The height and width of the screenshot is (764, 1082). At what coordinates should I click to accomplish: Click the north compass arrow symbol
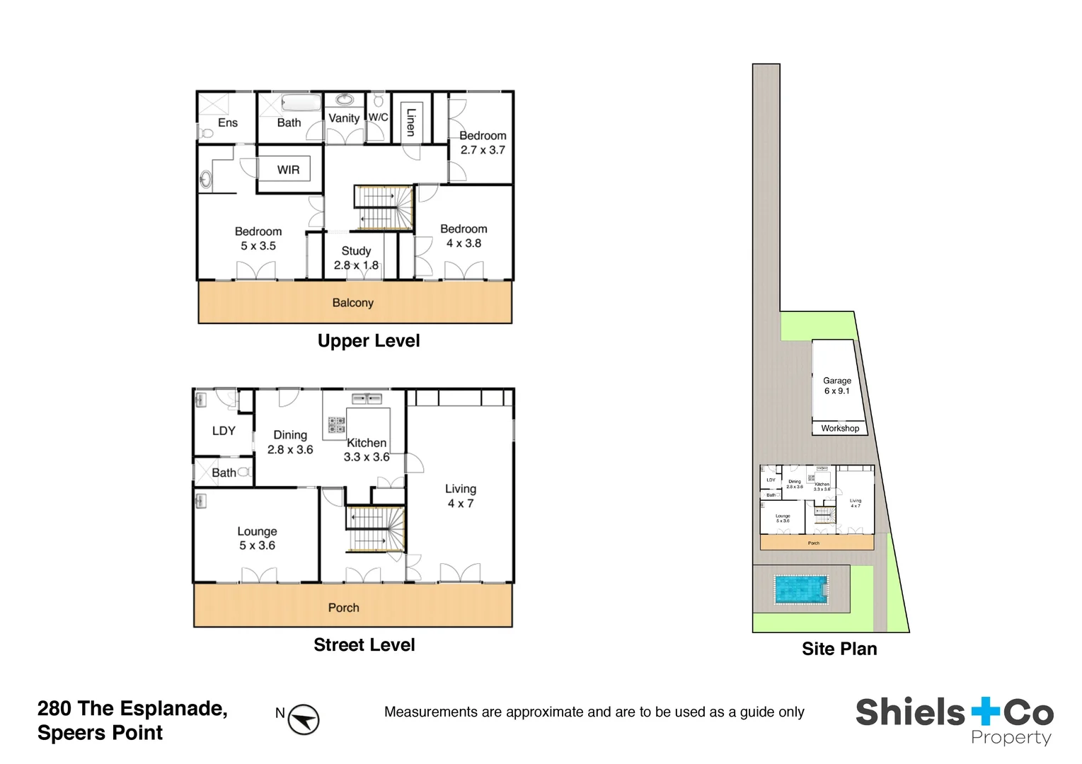(x=304, y=719)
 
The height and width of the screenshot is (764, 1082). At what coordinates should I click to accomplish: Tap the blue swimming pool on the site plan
(x=801, y=589)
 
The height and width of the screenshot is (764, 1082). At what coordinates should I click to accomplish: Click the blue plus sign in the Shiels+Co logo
(x=985, y=712)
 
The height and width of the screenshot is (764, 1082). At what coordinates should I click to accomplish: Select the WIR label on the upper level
(x=288, y=170)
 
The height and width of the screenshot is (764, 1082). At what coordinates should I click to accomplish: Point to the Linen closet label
(x=410, y=122)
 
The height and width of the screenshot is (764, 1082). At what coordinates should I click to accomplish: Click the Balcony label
(x=352, y=303)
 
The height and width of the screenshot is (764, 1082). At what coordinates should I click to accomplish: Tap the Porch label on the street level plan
(x=343, y=608)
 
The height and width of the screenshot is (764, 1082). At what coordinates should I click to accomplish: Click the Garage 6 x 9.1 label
(x=836, y=386)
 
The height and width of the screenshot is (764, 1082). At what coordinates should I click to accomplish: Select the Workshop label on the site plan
(x=840, y=428)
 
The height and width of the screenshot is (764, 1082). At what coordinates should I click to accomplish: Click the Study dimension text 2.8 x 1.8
(x=356, y=265)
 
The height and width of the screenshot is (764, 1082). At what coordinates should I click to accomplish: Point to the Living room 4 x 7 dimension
(x=460, y=504)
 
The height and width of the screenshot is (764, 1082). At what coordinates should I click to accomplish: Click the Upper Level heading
(x=368, y=341)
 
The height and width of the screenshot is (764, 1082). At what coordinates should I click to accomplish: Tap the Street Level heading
(x=364, y=645)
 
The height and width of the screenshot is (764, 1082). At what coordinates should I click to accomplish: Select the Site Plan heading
(x=839, y=649)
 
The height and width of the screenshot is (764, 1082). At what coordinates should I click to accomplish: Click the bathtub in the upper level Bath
(x=301, y=103)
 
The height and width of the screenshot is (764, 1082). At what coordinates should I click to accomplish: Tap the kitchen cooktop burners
(x=336, y=424)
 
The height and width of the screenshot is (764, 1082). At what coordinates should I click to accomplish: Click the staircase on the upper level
(x=383, y=207)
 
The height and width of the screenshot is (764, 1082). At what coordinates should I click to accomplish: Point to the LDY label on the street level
(x=224, y=431)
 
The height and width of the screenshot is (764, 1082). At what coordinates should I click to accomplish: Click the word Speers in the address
(x=69, y=733)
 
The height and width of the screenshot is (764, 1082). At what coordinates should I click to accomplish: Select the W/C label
(x=378, y=117)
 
